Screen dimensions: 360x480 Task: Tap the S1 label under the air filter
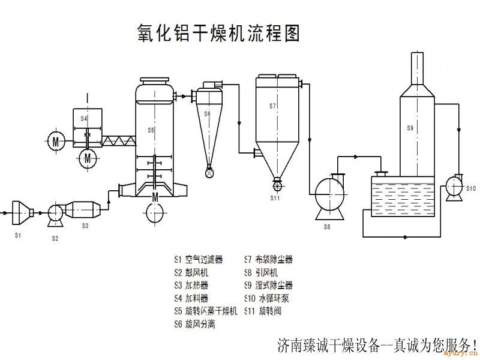[x=18, y=235]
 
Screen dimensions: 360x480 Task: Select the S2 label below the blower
[x=55, y=238]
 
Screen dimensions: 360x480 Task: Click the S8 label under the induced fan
[x=327, y=227]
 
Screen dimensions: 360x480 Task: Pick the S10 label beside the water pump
[x=471, y=189]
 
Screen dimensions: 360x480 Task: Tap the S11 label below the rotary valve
[x=275, y=197]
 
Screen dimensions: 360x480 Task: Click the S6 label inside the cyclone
[x=208, y=113]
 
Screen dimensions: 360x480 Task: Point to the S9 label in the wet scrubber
[x=410, y=128]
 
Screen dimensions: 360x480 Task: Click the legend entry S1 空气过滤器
[x=198, y=260]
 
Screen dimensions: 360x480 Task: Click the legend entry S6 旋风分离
[x=194, y=324]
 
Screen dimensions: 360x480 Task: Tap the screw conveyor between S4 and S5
[x=119, y=142]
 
